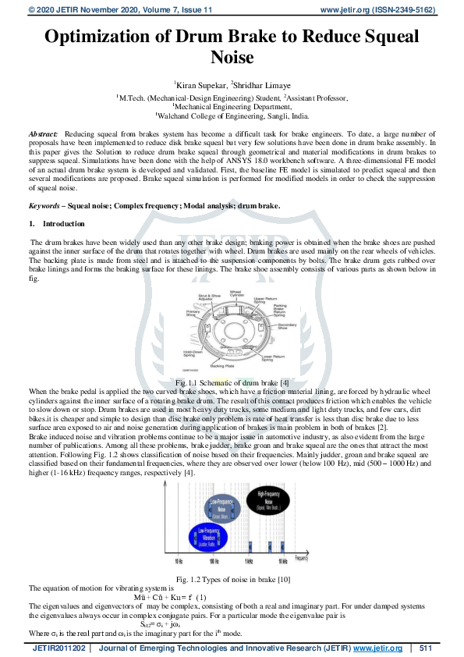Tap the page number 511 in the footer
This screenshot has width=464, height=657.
click(425, 648)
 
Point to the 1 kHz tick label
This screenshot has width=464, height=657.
click(247, 562)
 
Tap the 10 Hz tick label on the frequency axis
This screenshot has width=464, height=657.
click(179, 562)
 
